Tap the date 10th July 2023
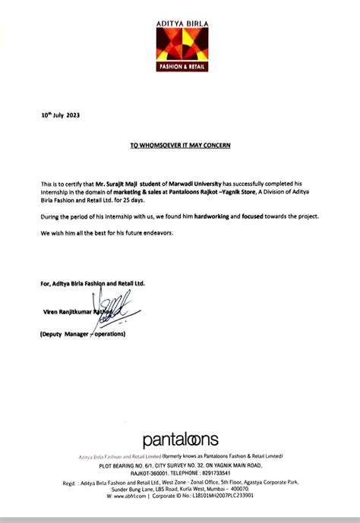(x=60, y=115)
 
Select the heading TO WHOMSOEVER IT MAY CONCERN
(x=179, y=143)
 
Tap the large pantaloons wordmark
(x=180, y=439)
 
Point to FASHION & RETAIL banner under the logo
(x=180, y=65)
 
